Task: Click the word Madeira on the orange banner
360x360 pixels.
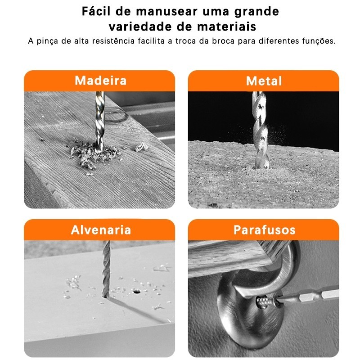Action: [100, 81]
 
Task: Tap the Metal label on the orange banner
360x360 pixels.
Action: [264, 81]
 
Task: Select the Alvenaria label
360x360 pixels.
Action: [101, 230]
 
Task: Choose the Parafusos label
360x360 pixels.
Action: [264, 230]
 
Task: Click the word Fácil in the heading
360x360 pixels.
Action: [96, 11]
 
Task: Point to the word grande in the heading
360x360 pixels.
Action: [256, 12]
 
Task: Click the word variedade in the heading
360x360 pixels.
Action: [140, 27]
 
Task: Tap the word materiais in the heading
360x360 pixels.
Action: [226, 27]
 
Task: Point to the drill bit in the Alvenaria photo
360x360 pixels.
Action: [106, 269]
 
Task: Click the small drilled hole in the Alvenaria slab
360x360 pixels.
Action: [137, 292]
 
